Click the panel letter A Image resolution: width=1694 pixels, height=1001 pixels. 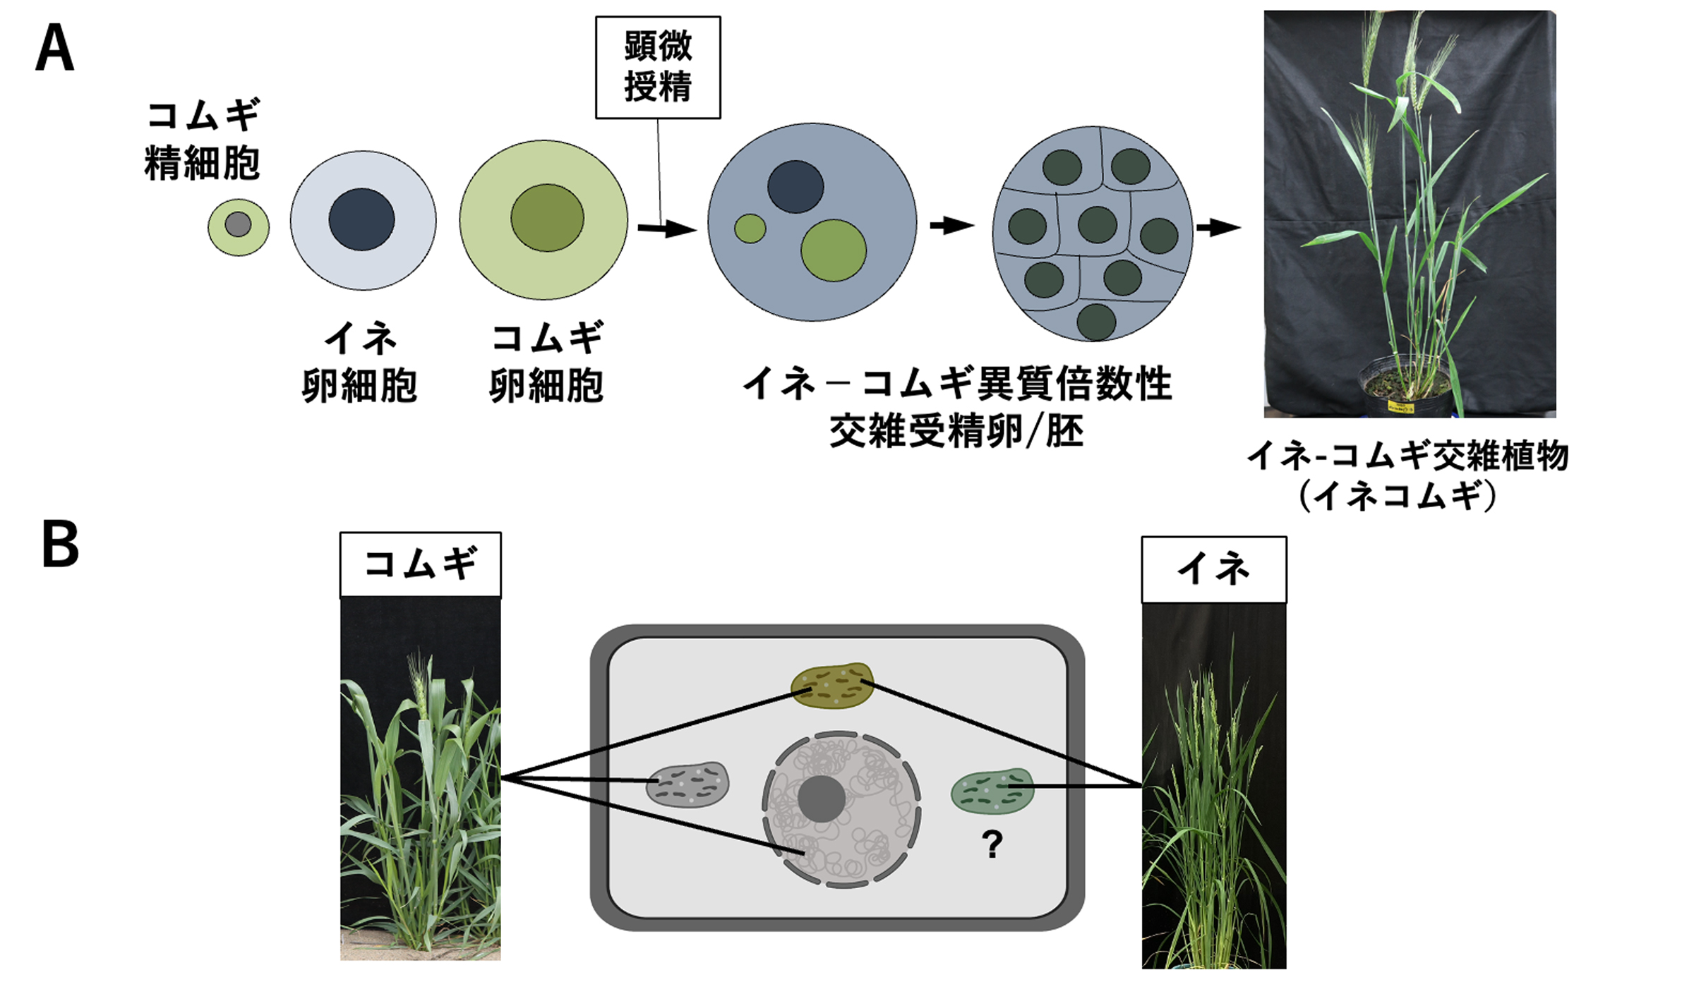[x=54, y=48]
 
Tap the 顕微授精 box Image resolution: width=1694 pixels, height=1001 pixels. [x=658, y=68]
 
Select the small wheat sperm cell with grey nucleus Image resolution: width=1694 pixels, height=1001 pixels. [x=239, y=226]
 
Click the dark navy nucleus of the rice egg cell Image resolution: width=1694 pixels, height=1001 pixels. [x=361, y=219]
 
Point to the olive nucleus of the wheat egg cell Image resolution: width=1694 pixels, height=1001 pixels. [x=547, y=218]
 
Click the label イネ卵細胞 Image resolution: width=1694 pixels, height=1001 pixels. [x=360, y=363]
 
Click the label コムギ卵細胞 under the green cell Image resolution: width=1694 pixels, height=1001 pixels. [x=547, y=363]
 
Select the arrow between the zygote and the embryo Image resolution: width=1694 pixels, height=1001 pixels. [x=951, y=226]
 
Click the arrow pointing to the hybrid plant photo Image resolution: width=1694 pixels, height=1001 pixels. [x=1218, y=227]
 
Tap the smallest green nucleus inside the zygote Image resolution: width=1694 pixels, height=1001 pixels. [x=750, y=229]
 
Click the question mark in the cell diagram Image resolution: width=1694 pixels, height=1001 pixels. [x=992, y=844]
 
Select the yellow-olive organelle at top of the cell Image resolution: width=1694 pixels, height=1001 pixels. [x=832, y=684]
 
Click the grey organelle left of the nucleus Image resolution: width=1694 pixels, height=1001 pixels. [x=687, y=784]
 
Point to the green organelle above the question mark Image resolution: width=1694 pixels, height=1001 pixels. [x=992, y=791]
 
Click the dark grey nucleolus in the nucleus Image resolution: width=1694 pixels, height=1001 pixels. [x=822, y=799]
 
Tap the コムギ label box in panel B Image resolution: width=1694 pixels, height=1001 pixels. [x=421, y=564]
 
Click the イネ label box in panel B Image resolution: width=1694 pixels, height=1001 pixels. [x=1214, y=569]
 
